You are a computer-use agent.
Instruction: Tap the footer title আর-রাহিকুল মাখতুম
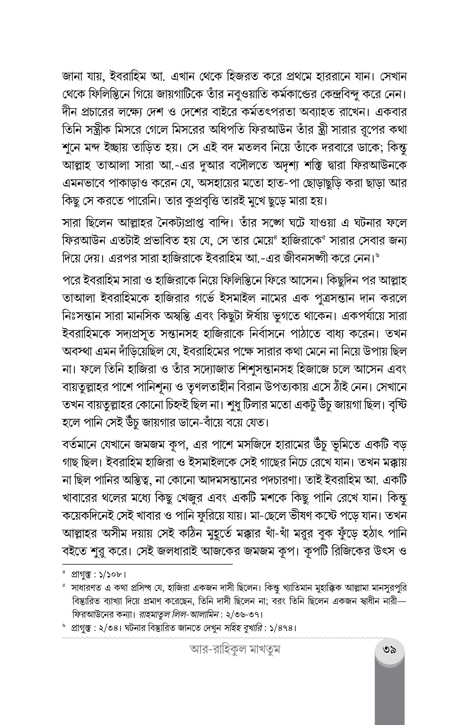point(235,650)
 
